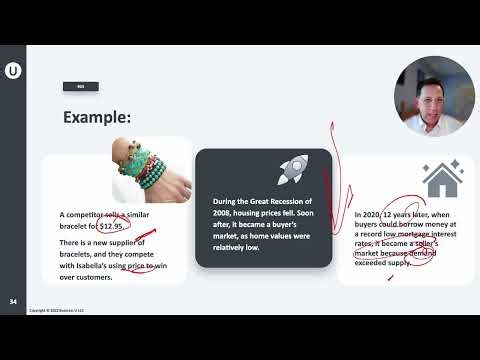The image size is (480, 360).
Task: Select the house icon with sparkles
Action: click(441, 179)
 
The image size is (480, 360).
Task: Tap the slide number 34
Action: click(12, 301)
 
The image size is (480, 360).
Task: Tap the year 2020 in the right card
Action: click(378, 215)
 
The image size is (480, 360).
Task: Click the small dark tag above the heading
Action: click(80, 86)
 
